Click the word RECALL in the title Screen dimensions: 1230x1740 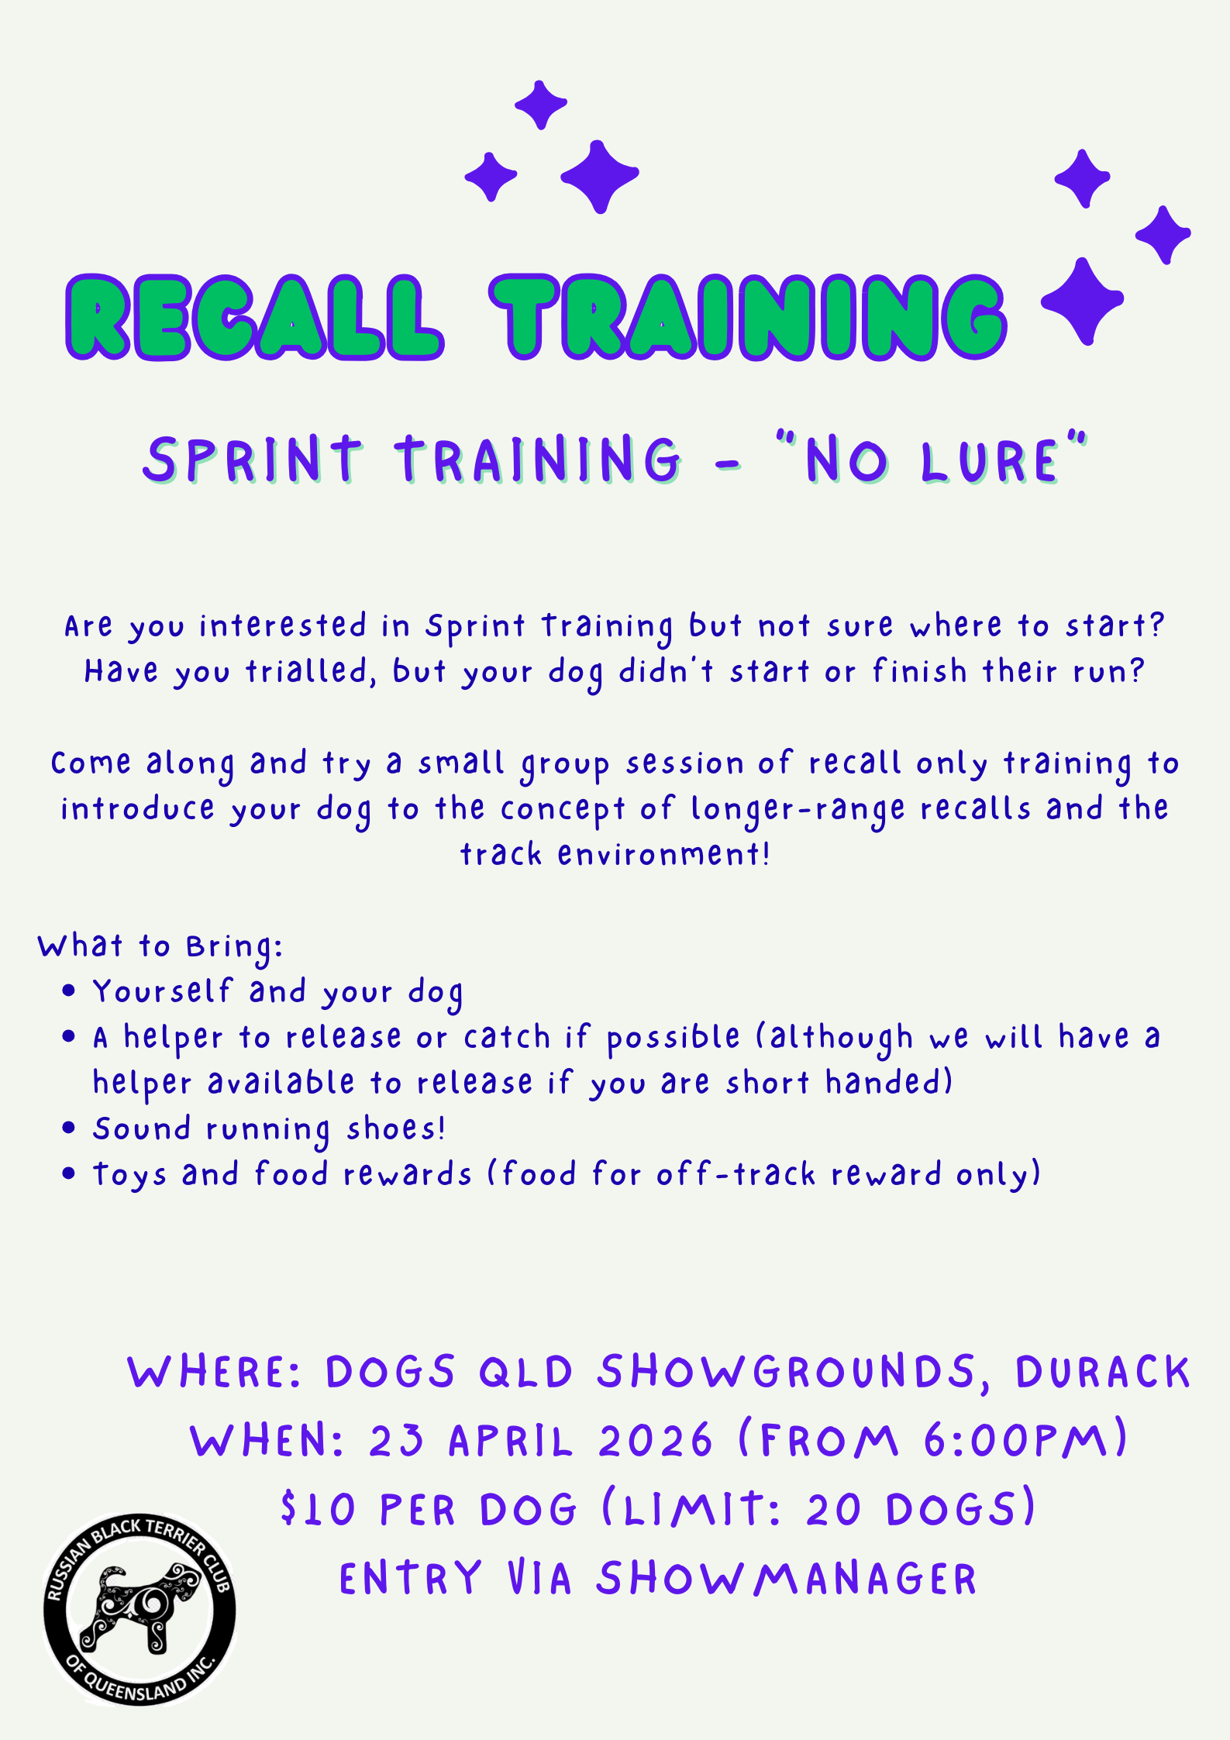pos(255,317)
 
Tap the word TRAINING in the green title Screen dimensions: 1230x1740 pos(748,317)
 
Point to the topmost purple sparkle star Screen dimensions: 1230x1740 pos(541,105)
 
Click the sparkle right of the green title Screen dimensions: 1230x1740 pos(1082,301)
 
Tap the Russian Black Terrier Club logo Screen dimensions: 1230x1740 pos(140,1609)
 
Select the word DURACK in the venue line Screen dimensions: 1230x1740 pos(1102,1372)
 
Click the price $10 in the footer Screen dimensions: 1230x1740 pos(318,1510)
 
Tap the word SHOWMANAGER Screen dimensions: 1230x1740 pos(787,1579)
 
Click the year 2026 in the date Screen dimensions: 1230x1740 pos(655,1441)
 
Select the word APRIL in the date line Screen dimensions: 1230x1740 pos(510,1441)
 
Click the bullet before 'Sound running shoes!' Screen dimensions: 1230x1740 pos(69,1128)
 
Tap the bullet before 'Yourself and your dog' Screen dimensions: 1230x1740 pos(69,991)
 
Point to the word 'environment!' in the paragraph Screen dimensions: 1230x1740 pos(664,854)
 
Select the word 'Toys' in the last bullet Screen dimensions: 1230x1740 pos(129,1175)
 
